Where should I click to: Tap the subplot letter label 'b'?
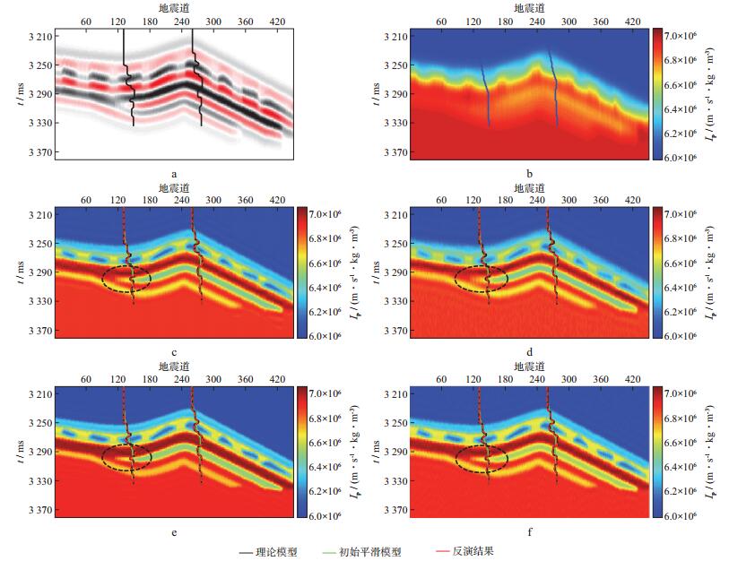click(x=530, y=175)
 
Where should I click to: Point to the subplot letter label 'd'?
click(x=530, y=353)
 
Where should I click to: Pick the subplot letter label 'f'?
click(x=530, y=532)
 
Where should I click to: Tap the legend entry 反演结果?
click(x=472, y=551)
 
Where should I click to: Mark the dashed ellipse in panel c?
click(x=126, y=279)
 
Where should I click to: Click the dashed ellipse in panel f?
click(x=482, y=458)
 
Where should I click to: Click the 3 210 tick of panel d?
click(x=395, y=215)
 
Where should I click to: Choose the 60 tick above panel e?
click(x=85, y=379)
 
